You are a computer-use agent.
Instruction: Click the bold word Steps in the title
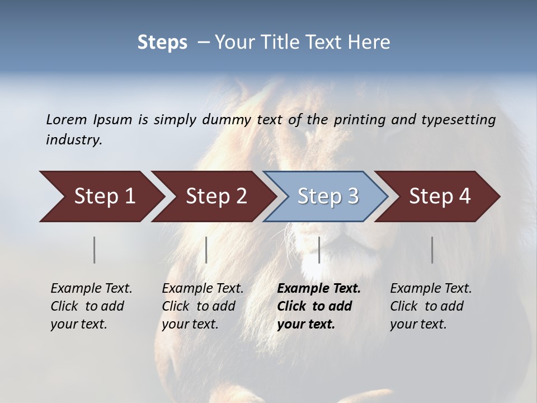coord(162,43)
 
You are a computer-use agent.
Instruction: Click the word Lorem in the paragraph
coord(66,120)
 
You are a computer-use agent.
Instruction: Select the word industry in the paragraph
coord(74,140)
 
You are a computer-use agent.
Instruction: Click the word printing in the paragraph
coord(368,120)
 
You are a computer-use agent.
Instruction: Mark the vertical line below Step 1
coord(95,250)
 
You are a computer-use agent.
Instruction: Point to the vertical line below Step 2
coord(206,250)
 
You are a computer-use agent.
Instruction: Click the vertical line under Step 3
coord(319,250)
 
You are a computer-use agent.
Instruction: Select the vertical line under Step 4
coord(432,250)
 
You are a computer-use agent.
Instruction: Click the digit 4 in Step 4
coord(464,196)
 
